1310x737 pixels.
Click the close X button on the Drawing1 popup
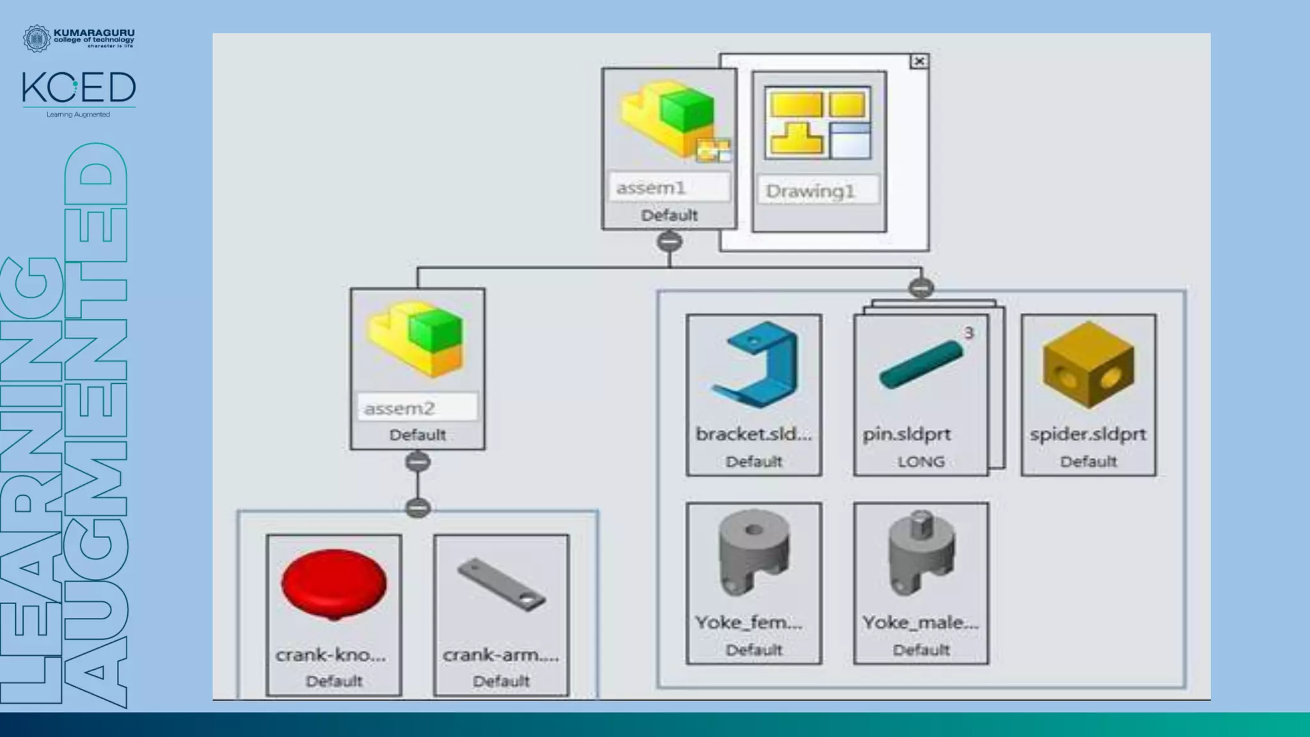(x=919, y=61)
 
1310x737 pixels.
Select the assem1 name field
(x=668, y=188)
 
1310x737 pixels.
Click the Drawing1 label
(x=810, y=191)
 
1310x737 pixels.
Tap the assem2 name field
(x=416, y=408)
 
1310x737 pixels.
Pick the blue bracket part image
(x=755, y=364)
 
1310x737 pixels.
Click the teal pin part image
(x=920, y=365)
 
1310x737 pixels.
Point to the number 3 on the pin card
(x=968, y=333)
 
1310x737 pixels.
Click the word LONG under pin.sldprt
(x=920, y=462)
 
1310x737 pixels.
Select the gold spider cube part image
(x=1088, y=365)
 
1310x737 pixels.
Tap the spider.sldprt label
(x=1088, y=434)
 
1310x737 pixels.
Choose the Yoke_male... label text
(x=920, y=622)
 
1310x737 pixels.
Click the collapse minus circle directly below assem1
(x=670, y=242)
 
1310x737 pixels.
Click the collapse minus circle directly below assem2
(x=418, y=462)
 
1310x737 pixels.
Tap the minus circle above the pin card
(x=921, y=288)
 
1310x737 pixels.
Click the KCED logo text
(x=79, y=88)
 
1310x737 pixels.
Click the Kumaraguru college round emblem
(x=36, y=38)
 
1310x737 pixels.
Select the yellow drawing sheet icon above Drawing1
(x=819, y=123)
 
